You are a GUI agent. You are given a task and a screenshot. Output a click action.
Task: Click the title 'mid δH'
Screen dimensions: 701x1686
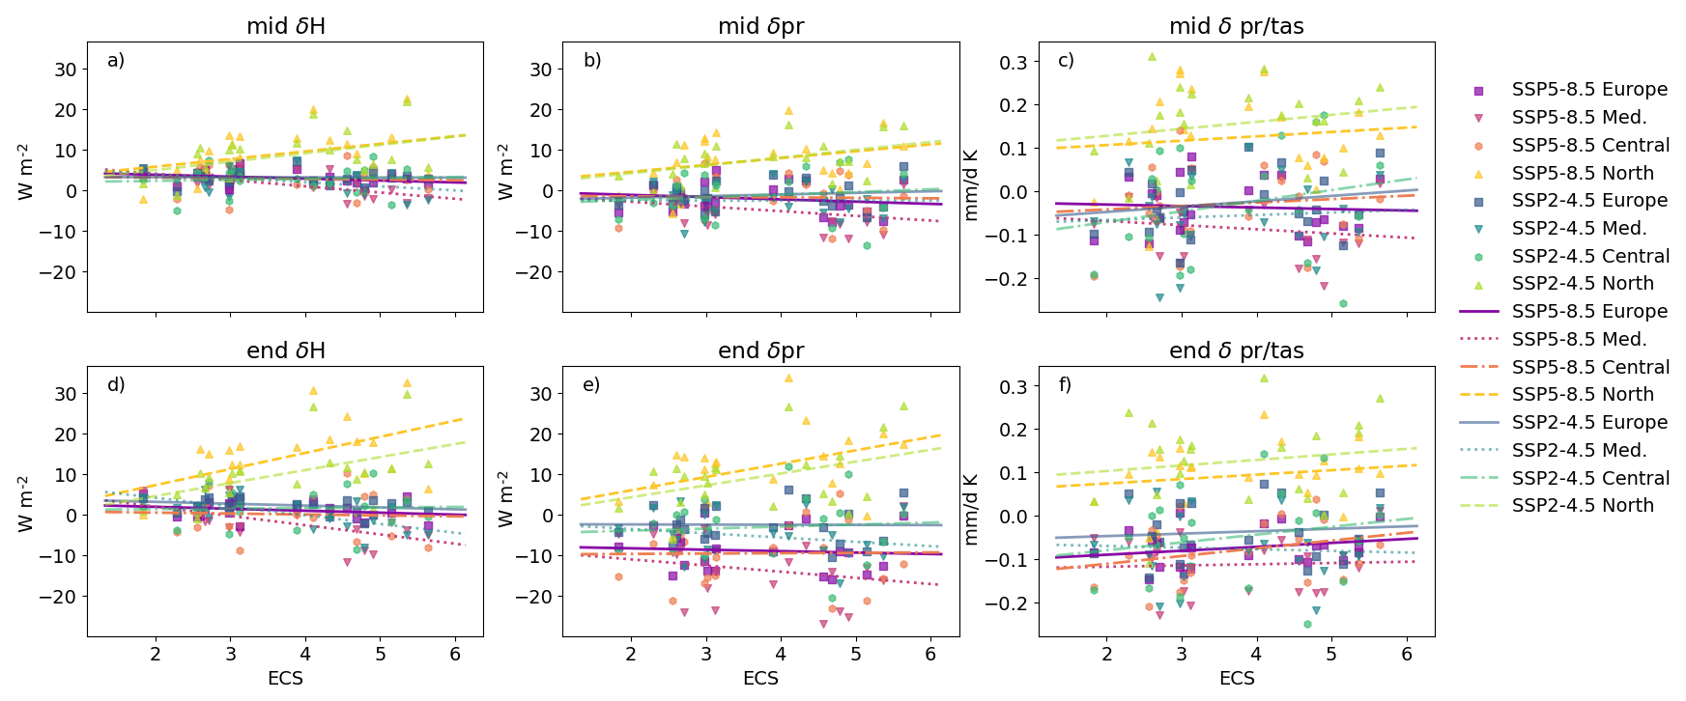click(285, 26)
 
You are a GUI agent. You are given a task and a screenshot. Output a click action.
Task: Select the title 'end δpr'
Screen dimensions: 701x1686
click(760, 350)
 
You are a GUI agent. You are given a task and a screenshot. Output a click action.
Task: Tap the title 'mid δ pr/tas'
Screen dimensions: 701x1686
click(1236, 26)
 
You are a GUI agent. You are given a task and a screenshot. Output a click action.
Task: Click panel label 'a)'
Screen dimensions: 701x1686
click(116, 60)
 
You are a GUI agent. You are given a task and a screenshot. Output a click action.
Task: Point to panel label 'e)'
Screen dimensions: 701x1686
click(591, 384)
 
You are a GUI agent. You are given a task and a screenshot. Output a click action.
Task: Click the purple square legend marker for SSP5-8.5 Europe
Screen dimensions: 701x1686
click(1478, 90)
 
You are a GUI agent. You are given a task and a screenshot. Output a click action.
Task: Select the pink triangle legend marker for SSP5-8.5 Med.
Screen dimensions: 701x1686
click(1478, 118)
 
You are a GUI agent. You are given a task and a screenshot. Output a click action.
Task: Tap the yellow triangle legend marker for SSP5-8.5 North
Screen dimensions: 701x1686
click(1478, 174)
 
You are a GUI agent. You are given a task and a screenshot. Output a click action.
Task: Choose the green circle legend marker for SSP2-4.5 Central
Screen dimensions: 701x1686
click(1478, 257)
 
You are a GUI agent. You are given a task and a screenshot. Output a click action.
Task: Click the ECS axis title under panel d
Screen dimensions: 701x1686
click(285, 678)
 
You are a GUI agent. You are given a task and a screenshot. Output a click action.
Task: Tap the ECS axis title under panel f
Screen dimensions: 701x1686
click(1236, 678)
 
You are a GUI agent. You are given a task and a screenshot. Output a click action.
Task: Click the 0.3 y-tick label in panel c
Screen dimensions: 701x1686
click(1014, 62)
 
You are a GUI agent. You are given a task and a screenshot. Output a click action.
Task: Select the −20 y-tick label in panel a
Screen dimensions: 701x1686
click(57, 272)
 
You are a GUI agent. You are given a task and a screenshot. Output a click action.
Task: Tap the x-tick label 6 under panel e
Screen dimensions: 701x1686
click(929, 655)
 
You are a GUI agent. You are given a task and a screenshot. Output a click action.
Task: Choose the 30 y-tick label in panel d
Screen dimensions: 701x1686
click(65, 394)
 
